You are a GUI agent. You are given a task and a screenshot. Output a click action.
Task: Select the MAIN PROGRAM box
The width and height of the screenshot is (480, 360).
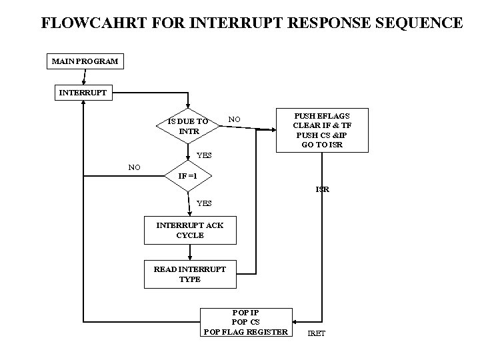click(85, 61)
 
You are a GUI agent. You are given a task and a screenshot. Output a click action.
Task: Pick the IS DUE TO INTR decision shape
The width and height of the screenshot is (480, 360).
click(189, 126)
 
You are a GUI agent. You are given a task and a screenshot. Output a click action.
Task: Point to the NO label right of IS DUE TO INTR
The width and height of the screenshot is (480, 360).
click(234, 119)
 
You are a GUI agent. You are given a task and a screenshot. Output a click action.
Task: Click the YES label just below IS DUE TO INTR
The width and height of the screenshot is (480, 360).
click(204, 155)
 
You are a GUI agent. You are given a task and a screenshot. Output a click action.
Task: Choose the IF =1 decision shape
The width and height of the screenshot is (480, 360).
click(189, 177)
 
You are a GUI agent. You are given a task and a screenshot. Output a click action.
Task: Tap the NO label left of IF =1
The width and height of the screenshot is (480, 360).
click(134, 167)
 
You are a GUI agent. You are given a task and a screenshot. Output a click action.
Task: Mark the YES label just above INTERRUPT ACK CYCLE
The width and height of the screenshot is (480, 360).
click(204, 203)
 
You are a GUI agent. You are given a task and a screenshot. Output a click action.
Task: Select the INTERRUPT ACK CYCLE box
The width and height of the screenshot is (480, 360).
click(190, 230)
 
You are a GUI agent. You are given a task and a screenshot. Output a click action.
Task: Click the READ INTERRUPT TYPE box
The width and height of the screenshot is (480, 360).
click(190, 274)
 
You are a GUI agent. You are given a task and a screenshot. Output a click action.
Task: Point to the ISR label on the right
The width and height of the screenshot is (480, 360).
click(322, 189)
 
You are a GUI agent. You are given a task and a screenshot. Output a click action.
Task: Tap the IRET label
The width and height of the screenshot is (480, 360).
click(317, 333)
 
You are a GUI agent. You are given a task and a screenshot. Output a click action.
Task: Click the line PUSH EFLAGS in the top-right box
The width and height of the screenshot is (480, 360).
click(323, 115)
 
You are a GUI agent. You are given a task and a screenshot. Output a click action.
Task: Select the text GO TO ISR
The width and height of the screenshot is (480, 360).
click(323, 145)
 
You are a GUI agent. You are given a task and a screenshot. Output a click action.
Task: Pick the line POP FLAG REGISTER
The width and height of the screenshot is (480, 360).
click(246, 331)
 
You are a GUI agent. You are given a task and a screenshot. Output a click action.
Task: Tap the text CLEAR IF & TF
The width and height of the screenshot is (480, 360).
click(323, 125)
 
